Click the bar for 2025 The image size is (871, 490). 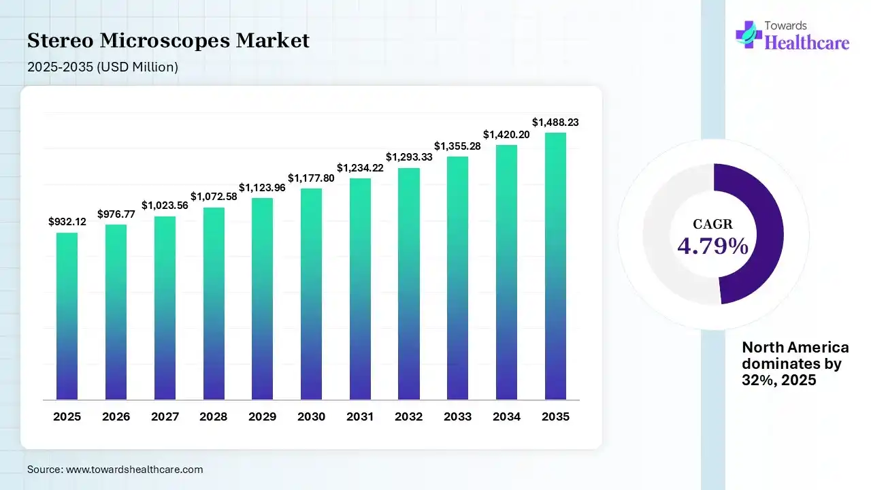pos(67,316)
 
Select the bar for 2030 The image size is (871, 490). pos(311,293)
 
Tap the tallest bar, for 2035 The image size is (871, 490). pos(555,265)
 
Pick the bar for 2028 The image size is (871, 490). pos(214,303)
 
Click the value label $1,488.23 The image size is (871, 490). pos(555,122)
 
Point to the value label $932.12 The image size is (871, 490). pos(67,222)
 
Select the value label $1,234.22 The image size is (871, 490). pos(360,167)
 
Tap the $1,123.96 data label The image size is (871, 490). pos(262,187)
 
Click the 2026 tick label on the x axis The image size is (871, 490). pos(116,416)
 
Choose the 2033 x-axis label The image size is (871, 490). pos(458,416)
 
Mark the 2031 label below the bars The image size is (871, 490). pos(360,416)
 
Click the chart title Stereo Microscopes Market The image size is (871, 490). pos(168,41)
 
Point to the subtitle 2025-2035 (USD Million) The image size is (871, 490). pos(103,67)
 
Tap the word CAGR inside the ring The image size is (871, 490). pos(712,224)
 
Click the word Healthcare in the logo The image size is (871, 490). pos(807,43)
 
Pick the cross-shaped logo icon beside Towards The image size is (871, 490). pos(749,34)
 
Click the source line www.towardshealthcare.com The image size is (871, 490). pos(115,470)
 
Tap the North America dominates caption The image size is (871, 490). pos(795,364)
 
